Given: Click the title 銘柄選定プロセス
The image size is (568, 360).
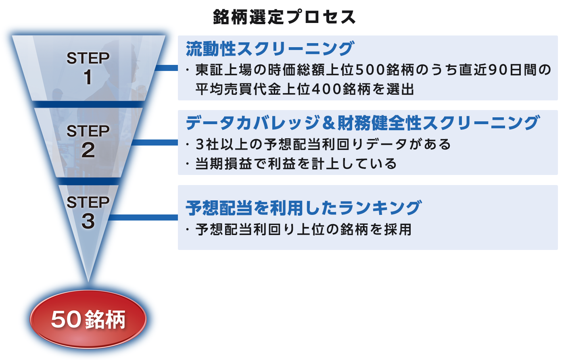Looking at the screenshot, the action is (x=284, y=17).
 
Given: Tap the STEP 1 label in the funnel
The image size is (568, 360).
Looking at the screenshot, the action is (x=88, y=68).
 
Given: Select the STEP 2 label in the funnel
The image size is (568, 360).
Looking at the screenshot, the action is (x=88, y=141).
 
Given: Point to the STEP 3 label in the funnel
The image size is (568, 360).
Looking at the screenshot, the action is (x=88, y=212).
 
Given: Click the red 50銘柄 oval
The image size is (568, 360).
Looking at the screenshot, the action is (x=88, y=319).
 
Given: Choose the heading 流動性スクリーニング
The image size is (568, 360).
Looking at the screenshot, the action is (x=270, y=48).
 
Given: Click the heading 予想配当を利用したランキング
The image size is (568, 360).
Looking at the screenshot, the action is (x=304, y=208).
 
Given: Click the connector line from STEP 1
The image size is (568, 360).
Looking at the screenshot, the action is (x=166, y=68).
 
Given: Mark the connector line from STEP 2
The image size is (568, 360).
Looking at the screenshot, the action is (x=155, y=142).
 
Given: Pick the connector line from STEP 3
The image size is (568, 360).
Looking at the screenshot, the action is (x=143, y=217).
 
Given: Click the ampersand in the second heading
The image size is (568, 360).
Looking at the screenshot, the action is (x=329, y=123).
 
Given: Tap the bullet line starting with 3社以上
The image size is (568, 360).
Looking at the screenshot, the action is (x=318, y=144).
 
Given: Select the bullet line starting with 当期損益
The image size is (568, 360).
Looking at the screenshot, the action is (x=291, y=163).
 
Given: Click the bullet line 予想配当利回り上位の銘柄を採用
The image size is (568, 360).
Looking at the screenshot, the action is (x=299, y=229).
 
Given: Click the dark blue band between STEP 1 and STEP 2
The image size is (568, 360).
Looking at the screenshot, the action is (x=88, y=104).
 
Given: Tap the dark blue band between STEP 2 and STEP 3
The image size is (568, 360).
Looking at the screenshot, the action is (x=88, y=181).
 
